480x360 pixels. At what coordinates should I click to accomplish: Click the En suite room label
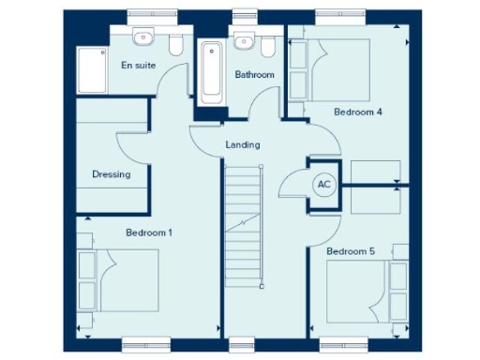[138, 66]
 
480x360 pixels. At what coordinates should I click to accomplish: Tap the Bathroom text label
[254, 74]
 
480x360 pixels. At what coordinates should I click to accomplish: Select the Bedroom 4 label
[358, 112]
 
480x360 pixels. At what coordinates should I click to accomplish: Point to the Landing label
[243, 145]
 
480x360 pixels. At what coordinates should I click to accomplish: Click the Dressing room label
[111, 174]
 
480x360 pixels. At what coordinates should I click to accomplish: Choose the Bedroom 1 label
[148, 232]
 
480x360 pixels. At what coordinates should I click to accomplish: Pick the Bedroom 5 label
[351, 251]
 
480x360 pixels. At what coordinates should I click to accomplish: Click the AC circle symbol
[324, 185]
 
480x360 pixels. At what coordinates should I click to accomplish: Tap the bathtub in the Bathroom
[212, 71]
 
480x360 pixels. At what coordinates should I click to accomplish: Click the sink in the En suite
[142, 38]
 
